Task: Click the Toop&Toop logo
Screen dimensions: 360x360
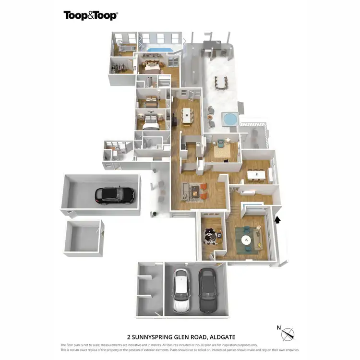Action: click(91, 15)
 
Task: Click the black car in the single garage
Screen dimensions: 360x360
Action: click(115, 194)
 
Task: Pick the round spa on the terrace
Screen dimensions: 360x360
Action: click(228, 118)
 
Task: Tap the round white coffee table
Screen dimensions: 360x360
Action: click(247, 240)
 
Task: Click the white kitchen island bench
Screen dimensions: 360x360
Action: click(187, 115)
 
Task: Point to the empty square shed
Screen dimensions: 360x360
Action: click(83, 236)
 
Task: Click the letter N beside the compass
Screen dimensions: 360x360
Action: click(279, 328)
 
